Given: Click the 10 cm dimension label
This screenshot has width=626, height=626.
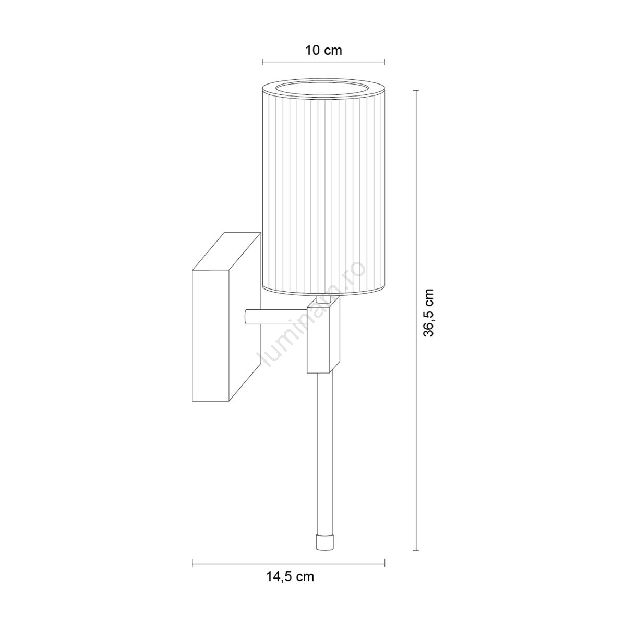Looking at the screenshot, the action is [323, 51].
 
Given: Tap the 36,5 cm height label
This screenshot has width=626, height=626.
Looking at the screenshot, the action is [429, 312].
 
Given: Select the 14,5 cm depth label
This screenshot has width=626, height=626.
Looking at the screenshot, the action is [290, 576].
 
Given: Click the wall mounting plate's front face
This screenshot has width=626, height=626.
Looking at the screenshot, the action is [211, 336].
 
